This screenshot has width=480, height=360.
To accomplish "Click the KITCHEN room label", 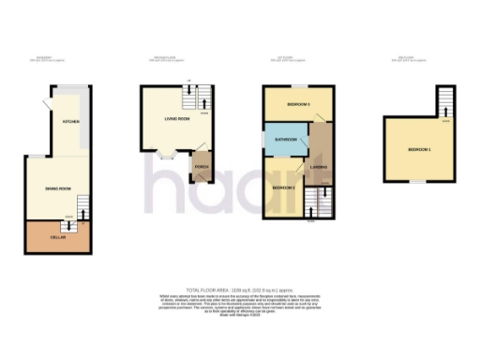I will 70,123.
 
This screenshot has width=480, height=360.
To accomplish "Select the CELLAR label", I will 57,237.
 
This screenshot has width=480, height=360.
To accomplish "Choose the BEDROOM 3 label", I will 298,104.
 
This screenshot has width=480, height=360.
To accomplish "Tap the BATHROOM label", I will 285,140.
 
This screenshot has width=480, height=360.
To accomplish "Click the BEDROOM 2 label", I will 284,187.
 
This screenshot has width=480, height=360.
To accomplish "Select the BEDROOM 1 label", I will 421,149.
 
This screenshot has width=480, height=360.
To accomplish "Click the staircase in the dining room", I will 82,204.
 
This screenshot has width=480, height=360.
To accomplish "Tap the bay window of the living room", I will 169,156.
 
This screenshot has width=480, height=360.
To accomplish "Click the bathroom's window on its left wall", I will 263,139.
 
